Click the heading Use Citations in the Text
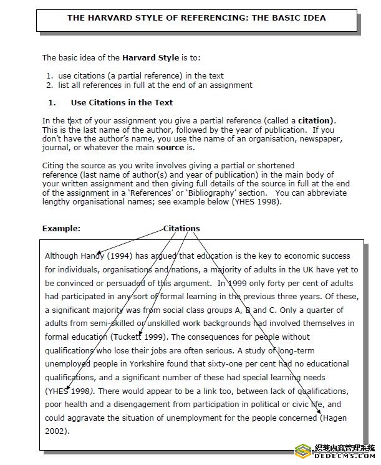point(122,103)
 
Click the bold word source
point(170,148)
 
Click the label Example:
point(61,229)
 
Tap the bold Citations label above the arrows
point(181,229)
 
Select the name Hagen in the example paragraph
point(334,418)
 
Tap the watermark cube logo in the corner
point(303,451)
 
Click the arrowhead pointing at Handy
point(100,252)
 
